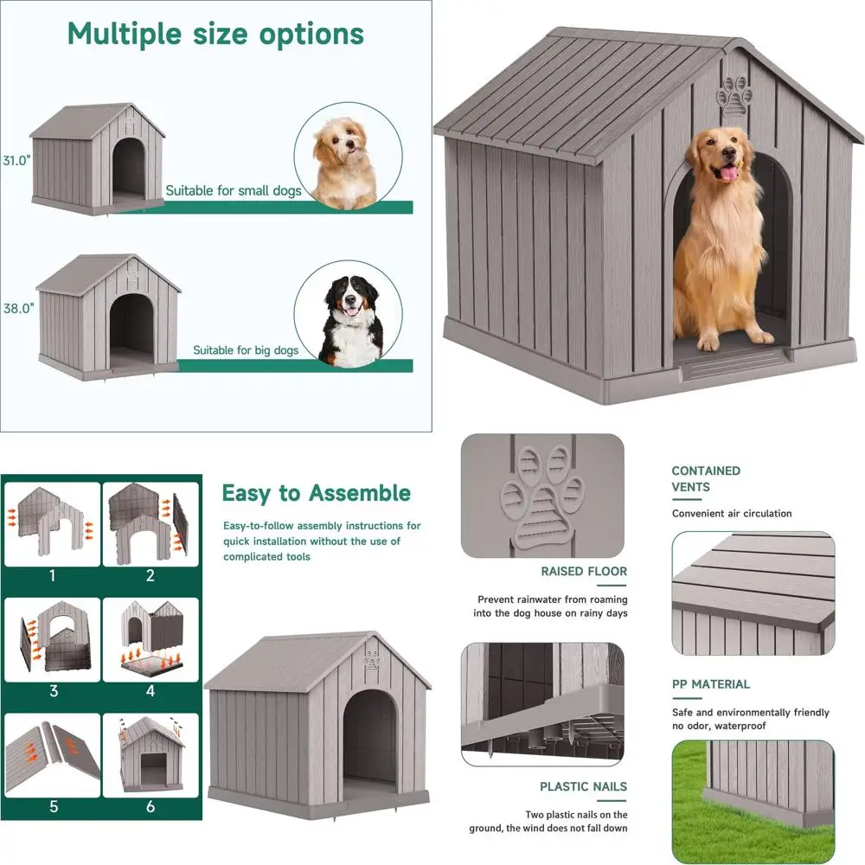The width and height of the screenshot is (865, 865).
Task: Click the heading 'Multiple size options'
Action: [215, 35]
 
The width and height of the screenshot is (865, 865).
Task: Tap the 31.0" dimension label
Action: [16, 161]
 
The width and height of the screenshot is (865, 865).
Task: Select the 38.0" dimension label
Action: [19, 309]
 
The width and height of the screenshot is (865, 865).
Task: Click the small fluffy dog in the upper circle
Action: [344, 163]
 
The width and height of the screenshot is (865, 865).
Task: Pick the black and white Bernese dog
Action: [351, 321]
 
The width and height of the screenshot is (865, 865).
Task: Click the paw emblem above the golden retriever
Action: [734, 97]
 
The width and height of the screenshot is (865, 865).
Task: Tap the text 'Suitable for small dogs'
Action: [234, 191]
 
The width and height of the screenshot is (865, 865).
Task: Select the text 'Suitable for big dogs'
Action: [246, 350]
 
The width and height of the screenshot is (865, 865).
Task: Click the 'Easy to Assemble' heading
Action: [316, 493]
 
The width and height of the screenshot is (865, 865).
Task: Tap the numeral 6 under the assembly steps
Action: [151, 806]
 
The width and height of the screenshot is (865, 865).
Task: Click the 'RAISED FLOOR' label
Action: [584, 572]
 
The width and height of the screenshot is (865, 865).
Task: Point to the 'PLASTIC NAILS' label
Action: [583, 786]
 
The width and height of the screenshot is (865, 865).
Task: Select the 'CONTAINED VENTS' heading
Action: [706, 479]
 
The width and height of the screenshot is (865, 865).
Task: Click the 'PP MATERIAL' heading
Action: [710, 684]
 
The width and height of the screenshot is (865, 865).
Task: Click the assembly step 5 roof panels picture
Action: [53, 755]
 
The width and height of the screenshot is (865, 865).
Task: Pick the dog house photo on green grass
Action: [753, 802]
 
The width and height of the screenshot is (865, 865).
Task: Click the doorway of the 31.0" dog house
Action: [129, 169]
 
